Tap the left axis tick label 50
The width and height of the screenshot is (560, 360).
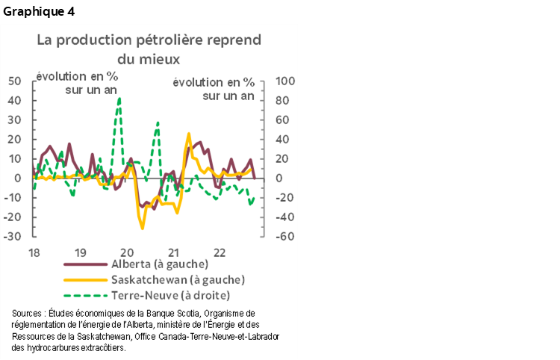click(x=14, y=81)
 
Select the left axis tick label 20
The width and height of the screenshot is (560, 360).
click(x=14, y=139)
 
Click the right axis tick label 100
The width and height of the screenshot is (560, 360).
click(x=287, y=81)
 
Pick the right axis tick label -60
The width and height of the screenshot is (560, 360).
click(x=286, y=236)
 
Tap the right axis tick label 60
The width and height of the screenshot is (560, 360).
click(x=284, y=120)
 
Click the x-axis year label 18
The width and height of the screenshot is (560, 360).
click(x=34, y=252)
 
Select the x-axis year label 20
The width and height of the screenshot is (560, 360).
click(x=126, y=252)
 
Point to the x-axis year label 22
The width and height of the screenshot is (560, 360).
click(x=220, y=252)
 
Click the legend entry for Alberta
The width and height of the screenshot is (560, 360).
click(x=158, y=264)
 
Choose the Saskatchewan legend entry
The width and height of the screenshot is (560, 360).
click(x=178, y=279)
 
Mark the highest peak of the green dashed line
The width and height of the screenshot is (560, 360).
click(x=119, y=99)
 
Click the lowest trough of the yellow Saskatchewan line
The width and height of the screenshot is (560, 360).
click(x=142, y=228)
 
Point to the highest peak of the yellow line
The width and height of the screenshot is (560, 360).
click(x=188, y=134)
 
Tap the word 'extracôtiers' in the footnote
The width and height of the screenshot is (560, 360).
click(x=98, y=347)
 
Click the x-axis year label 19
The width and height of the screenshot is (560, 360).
click(x=81, y=252)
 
